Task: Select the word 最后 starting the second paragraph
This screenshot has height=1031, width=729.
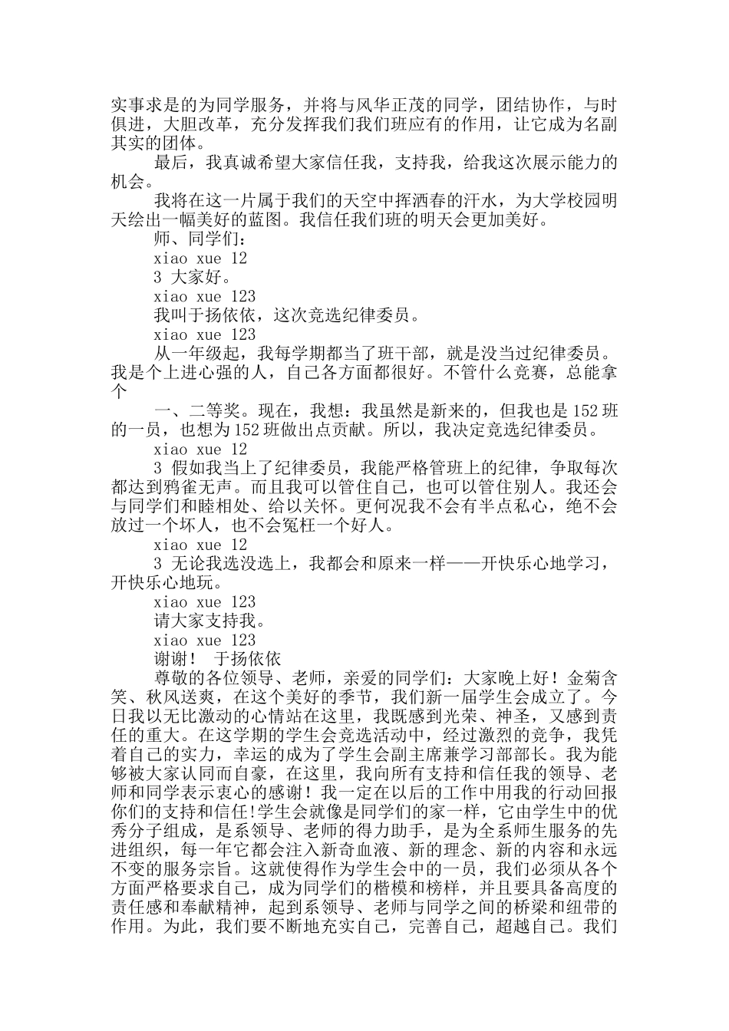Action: pos(173,162)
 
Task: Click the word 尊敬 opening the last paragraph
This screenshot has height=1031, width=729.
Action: pos(173,678)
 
